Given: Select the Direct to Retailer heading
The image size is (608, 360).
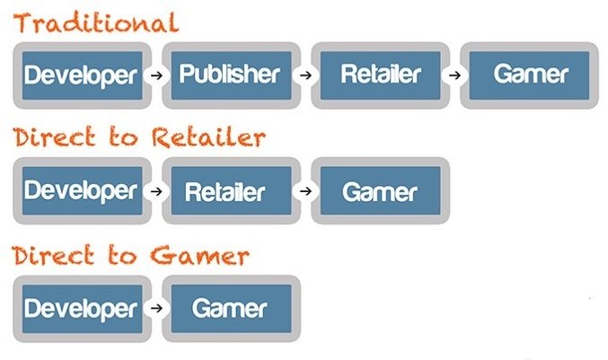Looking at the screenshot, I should [x=139, y=138].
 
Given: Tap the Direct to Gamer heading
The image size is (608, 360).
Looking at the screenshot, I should [x=131, y=255].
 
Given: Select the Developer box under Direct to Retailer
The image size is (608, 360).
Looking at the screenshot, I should [x=82, y=190].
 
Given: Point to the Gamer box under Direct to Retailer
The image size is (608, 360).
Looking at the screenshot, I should [x=380, y=190].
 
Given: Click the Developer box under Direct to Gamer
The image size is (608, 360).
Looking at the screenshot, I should [x=82, y=308].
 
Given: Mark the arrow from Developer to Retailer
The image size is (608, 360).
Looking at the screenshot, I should [x=156, y=190].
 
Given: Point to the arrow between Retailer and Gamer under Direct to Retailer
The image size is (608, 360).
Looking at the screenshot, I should [x=305, y=190].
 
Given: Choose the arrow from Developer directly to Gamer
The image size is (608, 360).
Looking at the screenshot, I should [x=156, y=308].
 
